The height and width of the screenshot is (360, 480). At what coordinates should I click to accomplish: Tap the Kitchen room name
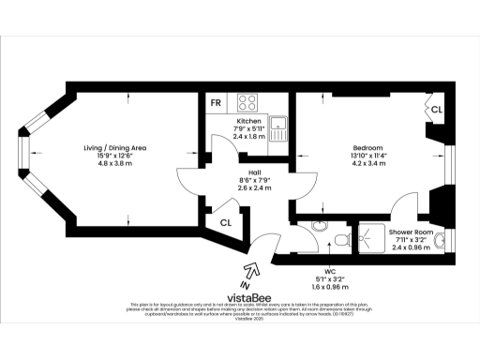[x=249, y=121]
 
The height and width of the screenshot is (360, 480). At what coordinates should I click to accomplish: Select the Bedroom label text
[x=366, y=147]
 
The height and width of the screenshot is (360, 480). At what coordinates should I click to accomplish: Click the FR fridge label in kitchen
[x=217, y=101]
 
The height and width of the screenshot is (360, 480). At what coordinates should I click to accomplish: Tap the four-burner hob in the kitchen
[x=249, y=102]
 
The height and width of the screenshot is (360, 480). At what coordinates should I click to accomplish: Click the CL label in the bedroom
[x=437, y=110]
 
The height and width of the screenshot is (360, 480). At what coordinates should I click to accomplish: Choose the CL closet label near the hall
[x=226, y=222]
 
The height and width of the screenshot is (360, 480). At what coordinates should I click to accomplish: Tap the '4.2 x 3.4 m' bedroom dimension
[x=366, y=162]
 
